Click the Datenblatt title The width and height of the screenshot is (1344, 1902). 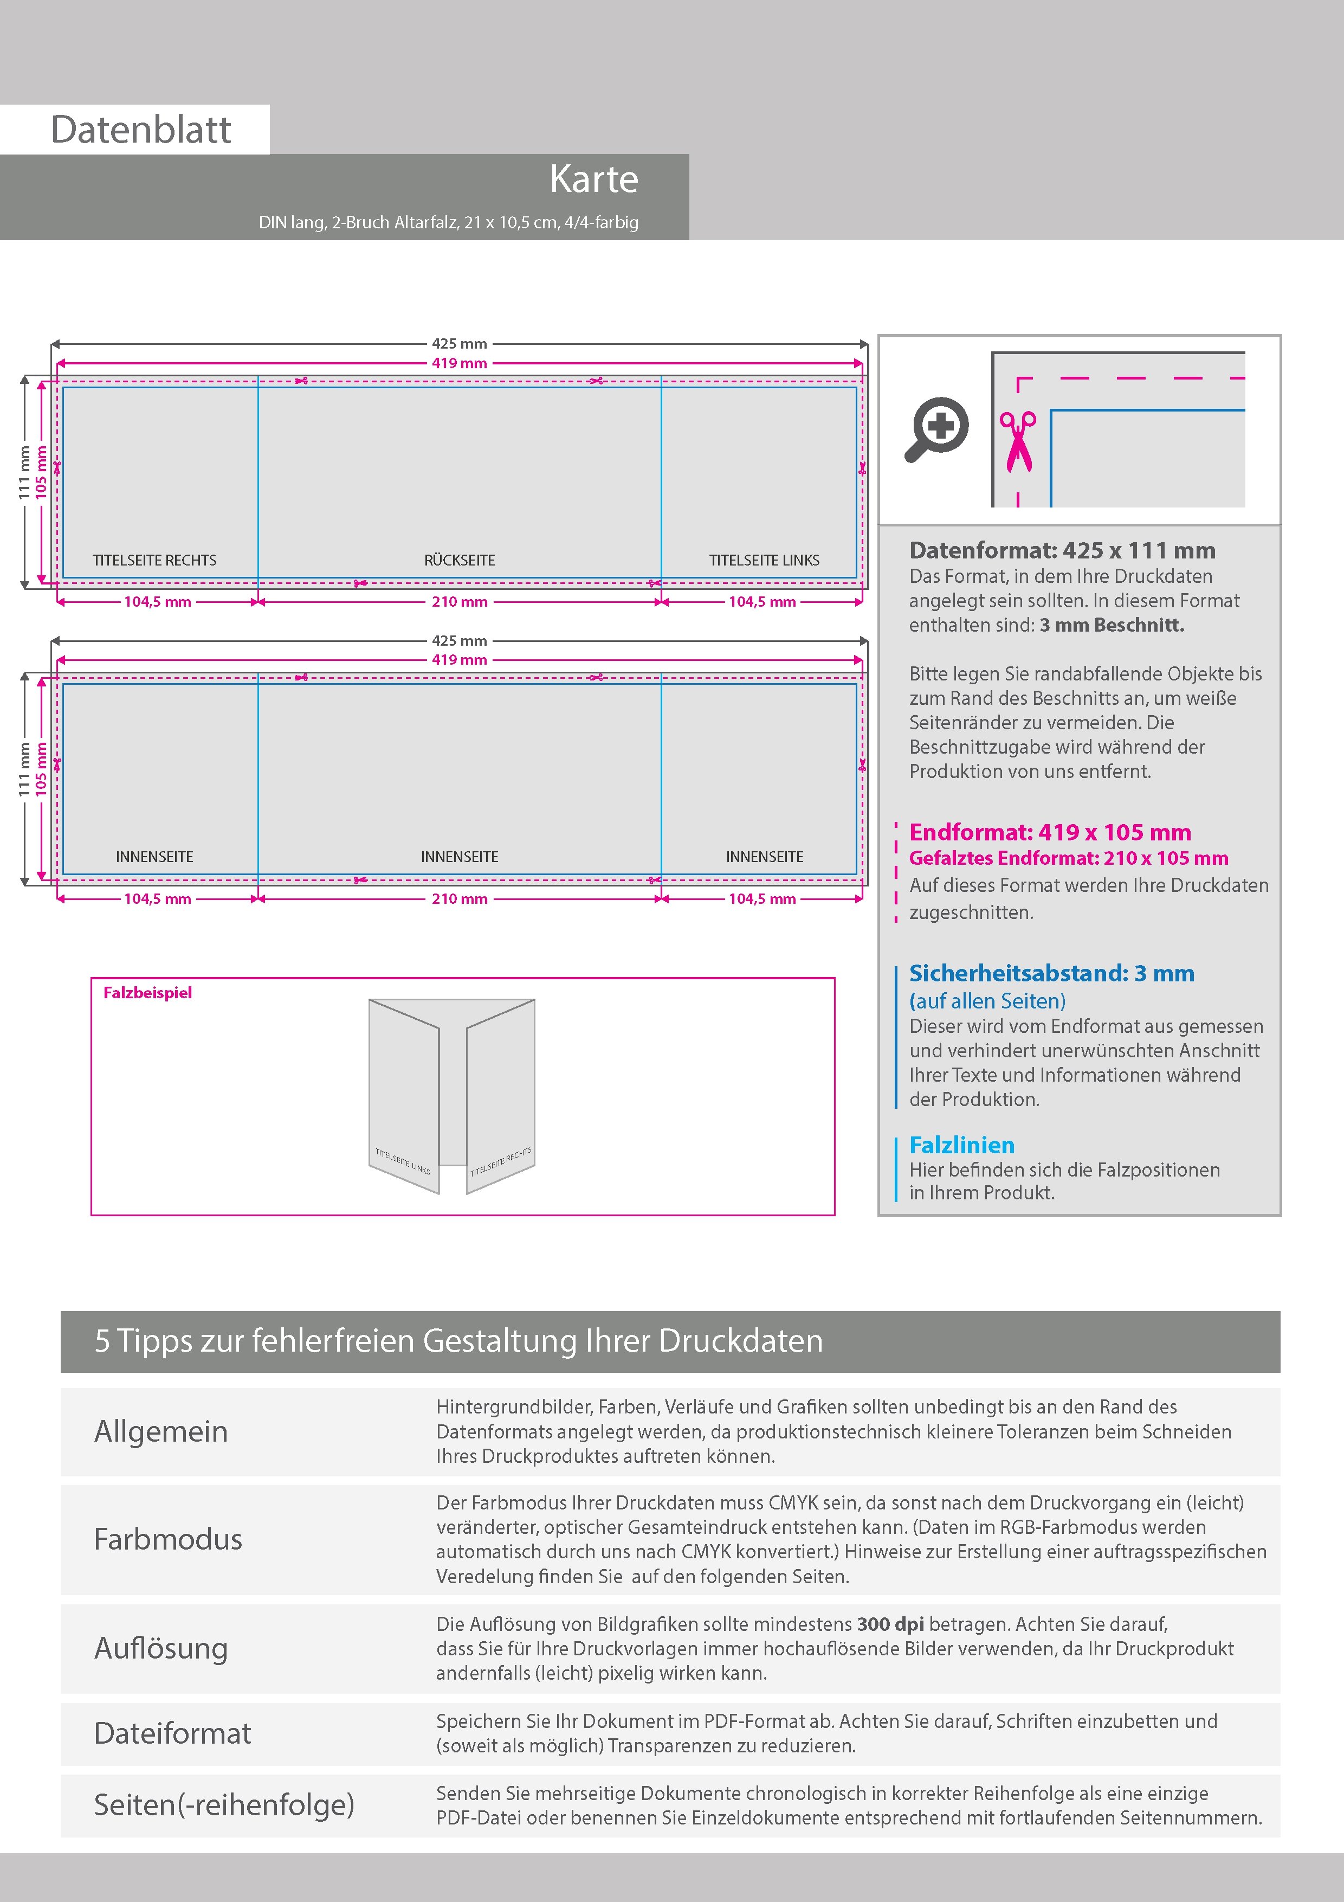141,129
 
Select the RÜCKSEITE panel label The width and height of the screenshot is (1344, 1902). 459,560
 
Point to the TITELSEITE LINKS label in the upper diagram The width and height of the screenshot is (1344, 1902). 764,560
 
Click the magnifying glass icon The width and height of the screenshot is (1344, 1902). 936,428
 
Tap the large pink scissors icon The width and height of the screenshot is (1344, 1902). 1018,441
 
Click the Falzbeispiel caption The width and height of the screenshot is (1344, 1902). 147,992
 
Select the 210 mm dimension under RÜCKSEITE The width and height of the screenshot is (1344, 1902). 459,602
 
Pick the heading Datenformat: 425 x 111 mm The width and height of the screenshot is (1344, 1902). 1062,550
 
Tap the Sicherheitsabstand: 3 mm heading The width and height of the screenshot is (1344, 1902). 1051,973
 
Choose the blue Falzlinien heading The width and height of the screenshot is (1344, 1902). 961,1145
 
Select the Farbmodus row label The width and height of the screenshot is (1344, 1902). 168,1539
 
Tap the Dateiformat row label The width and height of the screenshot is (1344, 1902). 172,1733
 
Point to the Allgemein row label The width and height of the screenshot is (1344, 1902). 160,1431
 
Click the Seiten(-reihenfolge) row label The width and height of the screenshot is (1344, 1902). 224,1804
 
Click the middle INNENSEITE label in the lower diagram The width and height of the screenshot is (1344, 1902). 459,857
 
